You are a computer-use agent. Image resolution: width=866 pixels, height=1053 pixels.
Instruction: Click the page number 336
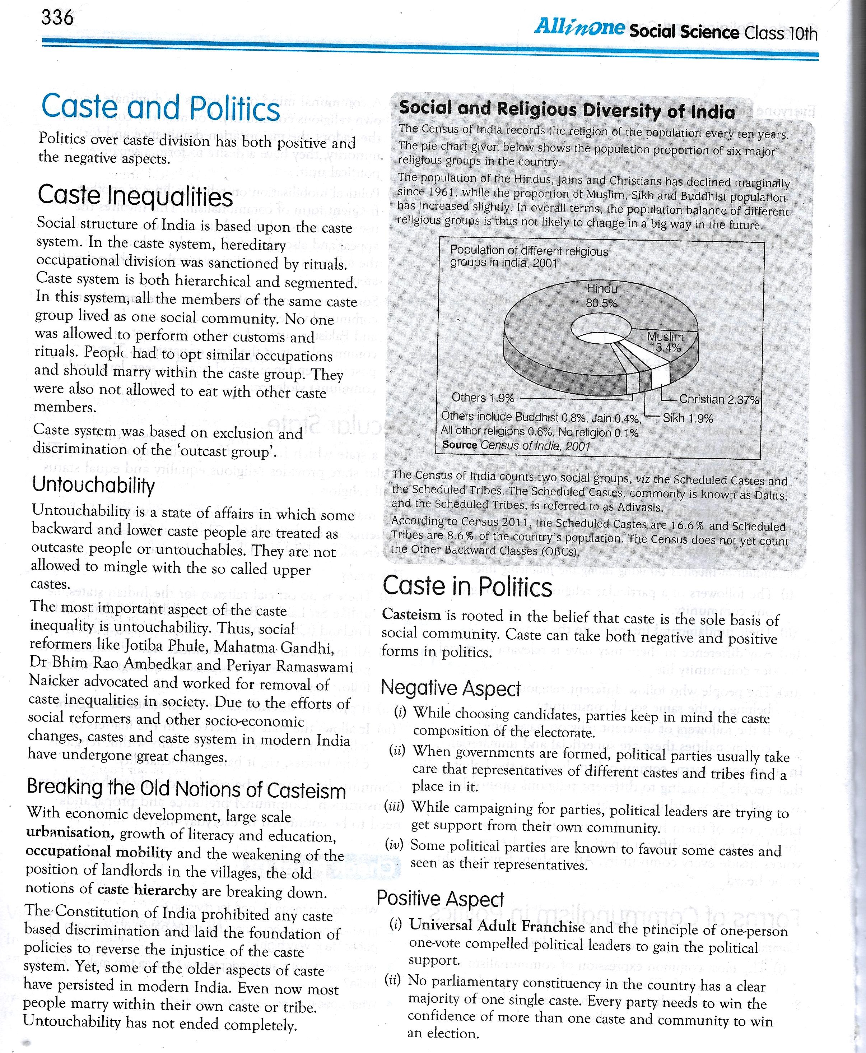(x=57, y=18)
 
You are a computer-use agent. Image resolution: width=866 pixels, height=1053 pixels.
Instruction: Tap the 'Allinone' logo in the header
(x=579, y=27)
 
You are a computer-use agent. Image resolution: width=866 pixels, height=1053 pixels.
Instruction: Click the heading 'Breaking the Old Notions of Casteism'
(x=186, y=789)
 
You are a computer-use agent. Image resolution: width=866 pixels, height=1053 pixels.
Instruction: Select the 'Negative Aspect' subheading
(x=451, y=689)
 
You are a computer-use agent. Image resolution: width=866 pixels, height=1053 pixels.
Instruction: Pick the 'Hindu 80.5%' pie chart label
(x=602, y=296)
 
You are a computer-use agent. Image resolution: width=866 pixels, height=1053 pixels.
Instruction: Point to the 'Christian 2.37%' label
(x=719, y=399)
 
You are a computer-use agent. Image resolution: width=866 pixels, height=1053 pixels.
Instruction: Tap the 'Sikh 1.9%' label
(x=688, y=418)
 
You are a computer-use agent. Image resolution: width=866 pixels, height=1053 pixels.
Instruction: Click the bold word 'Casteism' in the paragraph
(x=411, y=615)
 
